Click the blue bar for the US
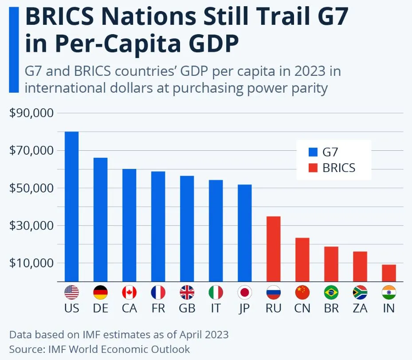pyautogui.click(x=71, y=207)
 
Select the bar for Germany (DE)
pyautogui.click(x=100, y=219)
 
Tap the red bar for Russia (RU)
pyautogui.click(x=273, y=249)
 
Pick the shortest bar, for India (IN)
pyautogui.click(x=388, y=273)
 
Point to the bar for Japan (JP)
pyautogui.click(x=244, y=233)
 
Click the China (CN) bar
pyautogui.click(x=302, y=259)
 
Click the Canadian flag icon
pyautogui.click(x=129, y=292)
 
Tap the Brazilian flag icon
pyautogui.click(x=331, y=292)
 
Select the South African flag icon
pyautogui.click(x=360, y=292)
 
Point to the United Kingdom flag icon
pyautogui.click(x=187, y=292)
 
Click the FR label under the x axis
pyautogui.click(x=158, y=308)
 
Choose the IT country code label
pyautogui.click(x=216, y=308)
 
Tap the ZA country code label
pyautogui.click(x=360, y=308)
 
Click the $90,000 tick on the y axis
pyautogui.click(x=31, y=113)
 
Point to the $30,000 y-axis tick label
pyautogui.click(x=31, y=226)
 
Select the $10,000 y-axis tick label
pyautogui.click(x=31, y=263)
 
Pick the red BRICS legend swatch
pyautogui.click(x=313, y=168)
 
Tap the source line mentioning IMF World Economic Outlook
pyautogui.click(x=99, y=349)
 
